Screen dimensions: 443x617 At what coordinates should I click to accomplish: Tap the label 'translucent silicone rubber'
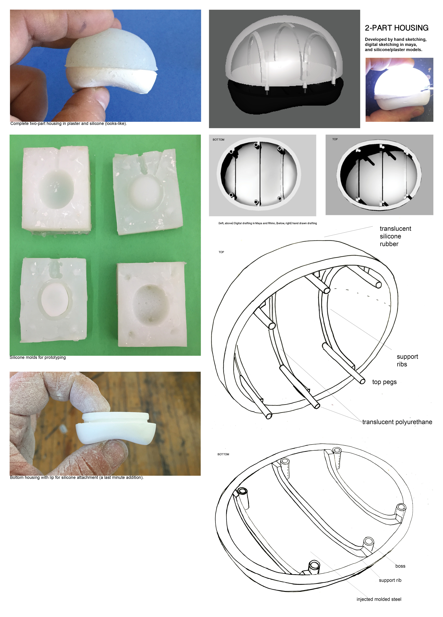pyautogui.click(x=395, y=236)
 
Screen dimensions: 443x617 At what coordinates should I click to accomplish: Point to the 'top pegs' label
pyautogui.click(x=384, y=382)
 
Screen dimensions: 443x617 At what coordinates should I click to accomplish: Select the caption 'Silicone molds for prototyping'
pyautogui.click(x=37, y=357)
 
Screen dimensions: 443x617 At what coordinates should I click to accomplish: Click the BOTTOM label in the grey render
pyautogui.click(x=219, y=140)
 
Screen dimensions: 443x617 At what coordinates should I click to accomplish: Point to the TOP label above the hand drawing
pyautogui.click(x=221, y=252)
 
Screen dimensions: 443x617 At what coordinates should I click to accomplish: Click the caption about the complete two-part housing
pyautogui.click(x=68, y=124)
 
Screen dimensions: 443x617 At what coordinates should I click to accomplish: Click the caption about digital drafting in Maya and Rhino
pyautogui.click(x=267, y=223)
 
